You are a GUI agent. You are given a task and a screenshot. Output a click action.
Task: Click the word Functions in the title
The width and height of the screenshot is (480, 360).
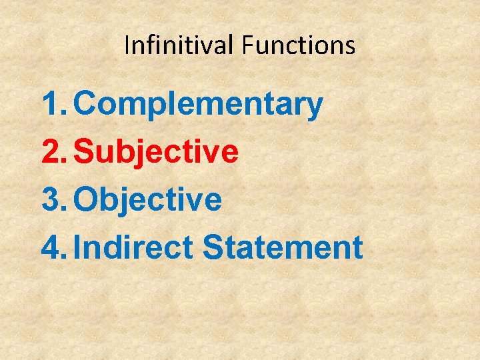click(x=299, y=45)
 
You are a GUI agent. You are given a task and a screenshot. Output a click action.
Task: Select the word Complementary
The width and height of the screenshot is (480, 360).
click(x=199, y=105)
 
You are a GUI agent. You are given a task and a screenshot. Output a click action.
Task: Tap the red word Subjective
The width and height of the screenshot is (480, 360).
click(x=156, y=152)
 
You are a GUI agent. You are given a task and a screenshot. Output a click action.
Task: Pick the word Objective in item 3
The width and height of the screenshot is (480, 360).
click(x=148, y=199)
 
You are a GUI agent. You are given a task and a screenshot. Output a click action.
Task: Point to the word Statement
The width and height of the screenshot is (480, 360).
click(x=283, y=247)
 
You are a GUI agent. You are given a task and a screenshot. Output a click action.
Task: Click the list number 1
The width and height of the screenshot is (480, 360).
click(x=51, y=104)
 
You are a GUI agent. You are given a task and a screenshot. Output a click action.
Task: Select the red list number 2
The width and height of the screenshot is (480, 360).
click(x=51, y=151)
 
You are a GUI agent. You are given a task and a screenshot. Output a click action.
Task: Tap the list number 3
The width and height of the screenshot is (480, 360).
click(x=51, y=199)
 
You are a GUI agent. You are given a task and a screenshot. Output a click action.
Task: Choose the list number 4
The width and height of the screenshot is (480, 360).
click(x=51, y=247)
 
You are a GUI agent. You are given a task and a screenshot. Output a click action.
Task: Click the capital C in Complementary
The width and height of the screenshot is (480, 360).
click(x=87, y=104)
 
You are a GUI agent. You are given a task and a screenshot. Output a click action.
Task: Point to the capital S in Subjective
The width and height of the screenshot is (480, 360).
click(x=85, y=151)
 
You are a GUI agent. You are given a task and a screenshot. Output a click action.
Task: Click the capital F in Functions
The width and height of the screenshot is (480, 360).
click(x=248, y=45)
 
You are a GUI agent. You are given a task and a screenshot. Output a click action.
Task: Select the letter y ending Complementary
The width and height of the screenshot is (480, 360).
click(x=315, y=108)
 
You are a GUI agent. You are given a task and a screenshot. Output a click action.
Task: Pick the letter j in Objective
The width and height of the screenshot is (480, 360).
click(x=138, y=201)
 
